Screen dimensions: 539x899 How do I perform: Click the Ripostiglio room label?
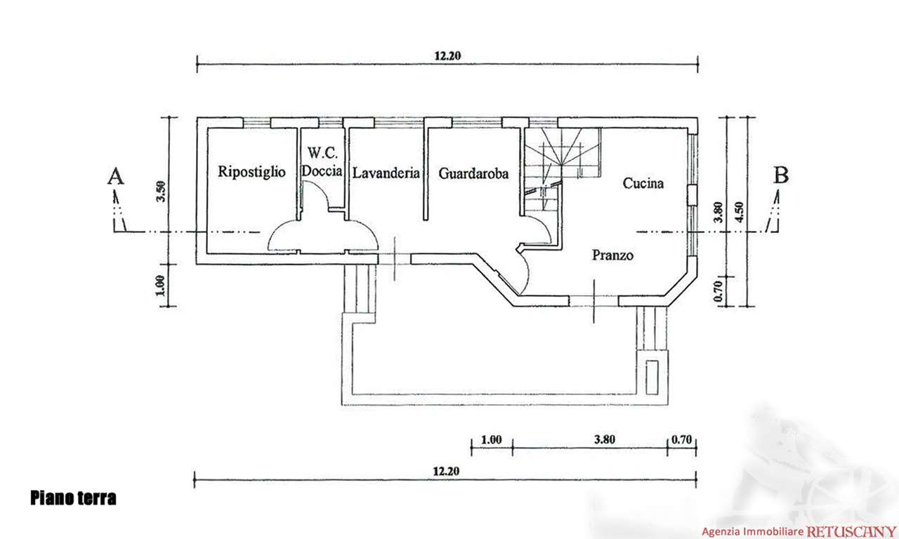[251, 171]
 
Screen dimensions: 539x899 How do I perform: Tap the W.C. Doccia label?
[322, 161]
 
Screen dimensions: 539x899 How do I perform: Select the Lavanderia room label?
[386, 172]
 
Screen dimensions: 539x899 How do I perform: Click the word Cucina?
[643, 183]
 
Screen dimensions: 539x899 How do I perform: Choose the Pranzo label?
[612, 255]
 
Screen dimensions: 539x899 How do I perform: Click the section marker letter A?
[115, 175]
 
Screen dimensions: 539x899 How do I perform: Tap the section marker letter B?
[780, 175]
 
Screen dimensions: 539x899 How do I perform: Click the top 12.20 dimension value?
[447, 58]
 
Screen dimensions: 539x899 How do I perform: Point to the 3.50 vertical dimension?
[160, 191]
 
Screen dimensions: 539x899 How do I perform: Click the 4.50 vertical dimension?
[737, 211]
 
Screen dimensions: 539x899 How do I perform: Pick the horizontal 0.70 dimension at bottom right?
[682, 441]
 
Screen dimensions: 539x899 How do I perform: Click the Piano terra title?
[73, 499]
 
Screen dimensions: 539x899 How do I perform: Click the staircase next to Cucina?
[562, 158]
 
